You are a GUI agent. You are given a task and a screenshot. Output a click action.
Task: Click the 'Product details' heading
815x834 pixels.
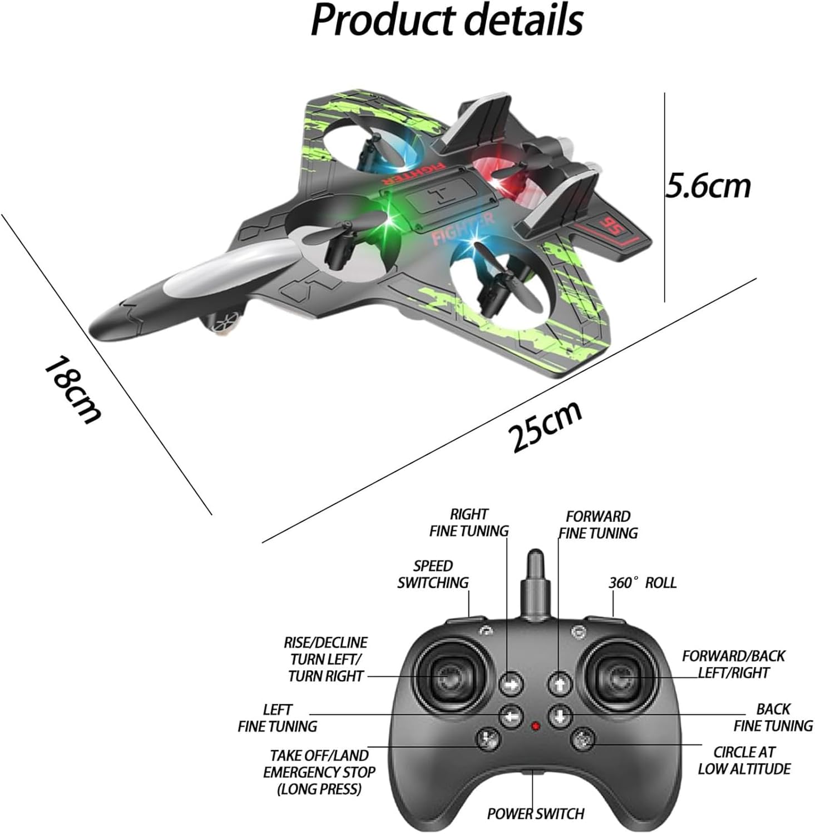point(447,21)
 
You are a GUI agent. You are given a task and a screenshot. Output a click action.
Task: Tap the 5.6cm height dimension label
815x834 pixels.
point(708,185)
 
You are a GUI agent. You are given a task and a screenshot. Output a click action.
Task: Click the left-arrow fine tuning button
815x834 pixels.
point(511,716)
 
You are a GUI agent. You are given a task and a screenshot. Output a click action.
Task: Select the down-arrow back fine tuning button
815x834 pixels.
point(560,716)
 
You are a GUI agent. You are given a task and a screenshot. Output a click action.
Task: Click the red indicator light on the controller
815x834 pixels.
point(535,726)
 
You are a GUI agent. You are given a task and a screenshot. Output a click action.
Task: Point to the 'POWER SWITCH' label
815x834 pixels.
point(535,813)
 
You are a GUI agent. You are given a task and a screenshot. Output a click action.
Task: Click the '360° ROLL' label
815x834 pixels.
point(642,583)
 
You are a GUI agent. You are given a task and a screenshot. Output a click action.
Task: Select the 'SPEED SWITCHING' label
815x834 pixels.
point(433,574)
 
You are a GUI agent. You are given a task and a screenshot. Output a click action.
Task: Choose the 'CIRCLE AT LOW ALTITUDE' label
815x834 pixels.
point(744,760)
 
